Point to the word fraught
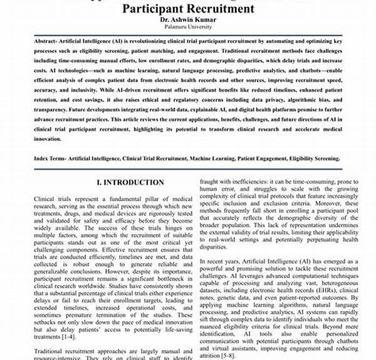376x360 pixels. coord(210,180)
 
